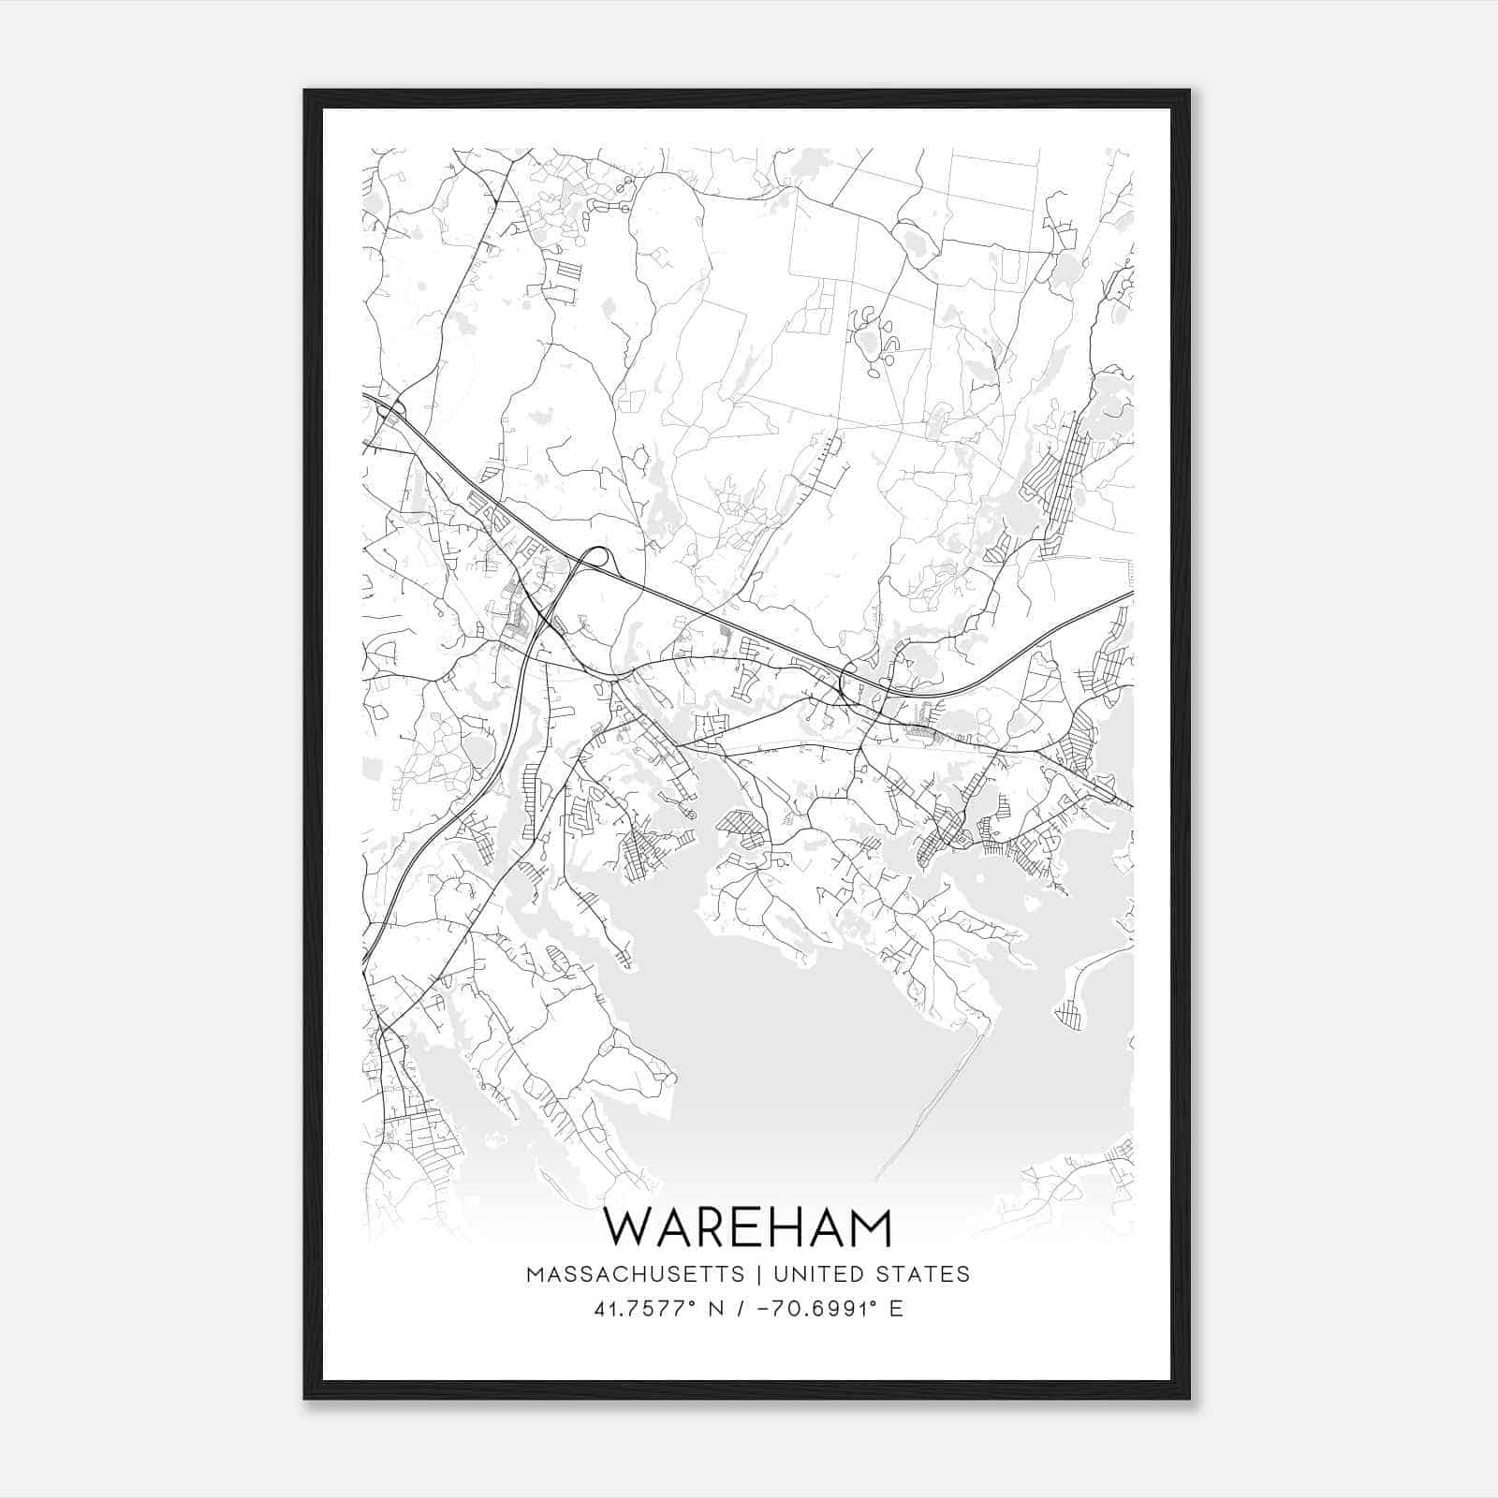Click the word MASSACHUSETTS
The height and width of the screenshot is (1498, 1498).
click(636, 1274)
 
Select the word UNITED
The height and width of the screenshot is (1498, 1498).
click(810, 1274)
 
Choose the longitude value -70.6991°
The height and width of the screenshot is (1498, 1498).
click(802, 1309)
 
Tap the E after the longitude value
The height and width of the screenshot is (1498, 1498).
click(897, 1309)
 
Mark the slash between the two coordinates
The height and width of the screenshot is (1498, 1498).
click(740, 1309)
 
